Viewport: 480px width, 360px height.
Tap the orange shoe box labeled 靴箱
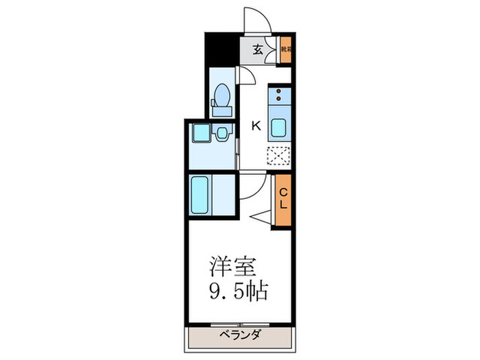[x=286, y=50]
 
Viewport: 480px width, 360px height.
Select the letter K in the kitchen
[x=256, y=125]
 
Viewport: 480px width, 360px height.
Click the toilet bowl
[x=223, y=94]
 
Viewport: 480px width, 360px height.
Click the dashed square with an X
[x=280, y=157]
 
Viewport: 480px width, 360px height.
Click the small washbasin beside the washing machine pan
[x=223, y=134]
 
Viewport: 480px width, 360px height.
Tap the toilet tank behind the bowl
[x=222, y=110]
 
